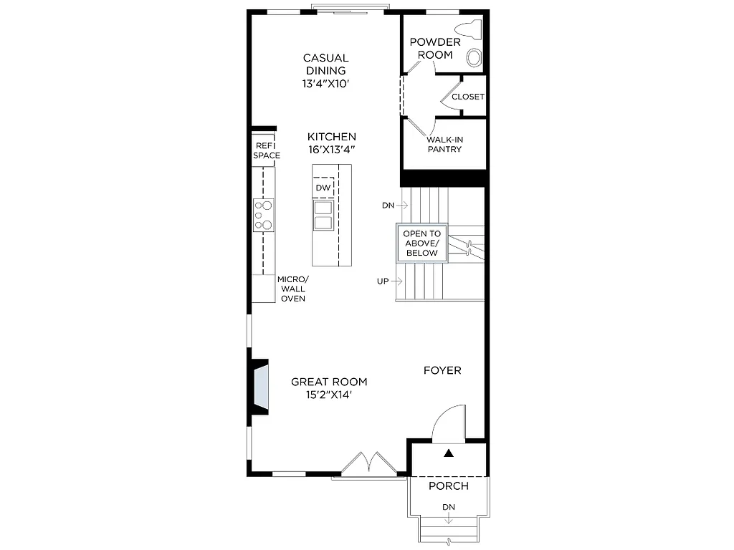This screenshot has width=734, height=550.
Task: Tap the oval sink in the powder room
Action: tap(475, 57)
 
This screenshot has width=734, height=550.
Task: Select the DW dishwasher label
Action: tap(323, 188)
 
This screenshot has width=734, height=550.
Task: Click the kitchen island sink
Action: tap(323, 215)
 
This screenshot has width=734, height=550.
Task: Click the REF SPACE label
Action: tap(265, 150)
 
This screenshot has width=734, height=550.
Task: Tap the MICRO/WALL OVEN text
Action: tap(292, 289)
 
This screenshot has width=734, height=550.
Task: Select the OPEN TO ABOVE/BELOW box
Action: tap(422, 243)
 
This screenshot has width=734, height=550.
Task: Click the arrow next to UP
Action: tap(397, 281)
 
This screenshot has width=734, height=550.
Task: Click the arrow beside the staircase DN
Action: tap(403, 205)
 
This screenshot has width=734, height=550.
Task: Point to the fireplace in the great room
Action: tap(259, 387)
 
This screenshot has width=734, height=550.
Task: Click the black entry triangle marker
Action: tap(449, 453)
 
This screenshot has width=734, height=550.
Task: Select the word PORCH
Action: tap(449, 486)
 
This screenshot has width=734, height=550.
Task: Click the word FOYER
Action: tap(442, 370)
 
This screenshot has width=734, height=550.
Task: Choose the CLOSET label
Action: tap(468, 97)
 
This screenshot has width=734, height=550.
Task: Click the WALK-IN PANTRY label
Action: tap(444, 145)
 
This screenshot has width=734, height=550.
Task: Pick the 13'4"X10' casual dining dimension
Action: tap(326, 84)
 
